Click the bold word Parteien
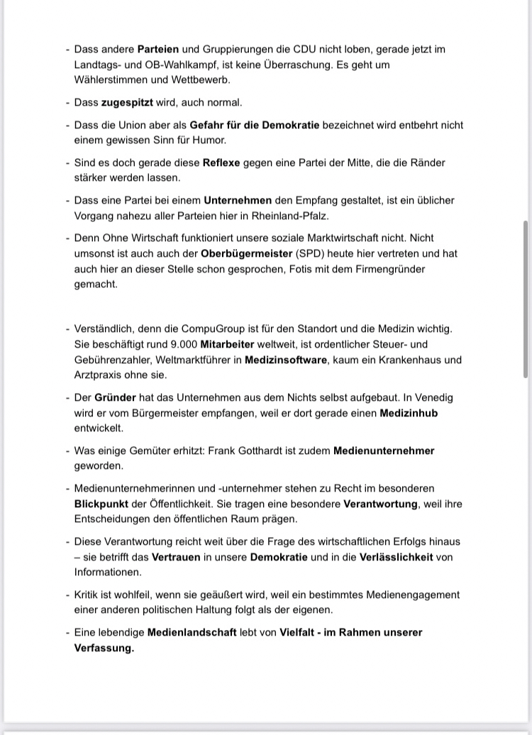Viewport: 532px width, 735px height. tap(158, 50)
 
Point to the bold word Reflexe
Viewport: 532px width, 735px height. tap(221, 162)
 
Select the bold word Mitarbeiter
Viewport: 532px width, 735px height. tap(227, 343)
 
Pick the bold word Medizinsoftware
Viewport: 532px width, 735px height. tap(286, 360)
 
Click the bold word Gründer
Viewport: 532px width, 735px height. tap(115, 397)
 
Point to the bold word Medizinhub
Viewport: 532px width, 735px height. tap(409, 413)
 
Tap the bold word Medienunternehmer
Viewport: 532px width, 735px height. tap(384, 451)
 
